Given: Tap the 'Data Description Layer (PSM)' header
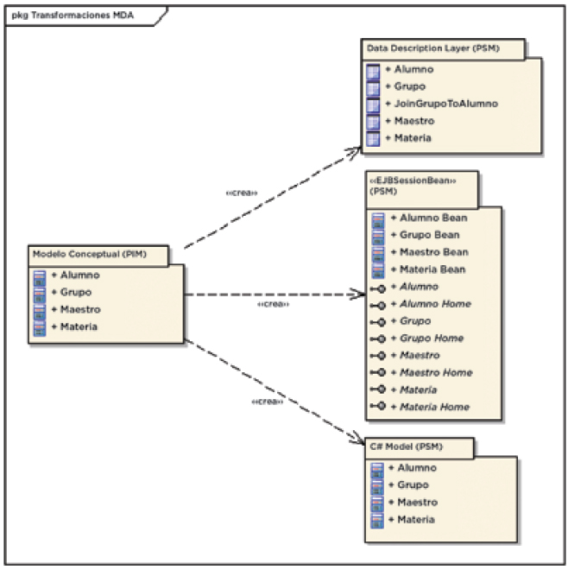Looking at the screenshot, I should click(432, 49).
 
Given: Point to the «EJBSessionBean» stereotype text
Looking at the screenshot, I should click(412, 182).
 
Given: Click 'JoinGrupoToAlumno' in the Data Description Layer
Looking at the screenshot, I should click(446, 104).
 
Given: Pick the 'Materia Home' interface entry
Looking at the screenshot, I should click(435, 407).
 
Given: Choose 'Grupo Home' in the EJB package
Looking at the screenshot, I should click(432, 338).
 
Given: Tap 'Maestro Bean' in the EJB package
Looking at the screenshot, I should click(434, 252).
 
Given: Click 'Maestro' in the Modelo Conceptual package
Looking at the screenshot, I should click(80, 309).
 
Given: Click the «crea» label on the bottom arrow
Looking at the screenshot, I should click(266, 402).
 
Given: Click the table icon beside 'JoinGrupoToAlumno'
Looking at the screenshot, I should click(373, 104).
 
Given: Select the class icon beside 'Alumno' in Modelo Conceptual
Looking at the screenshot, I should click(40, 275).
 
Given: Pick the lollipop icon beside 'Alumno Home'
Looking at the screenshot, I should click(377, 304).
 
